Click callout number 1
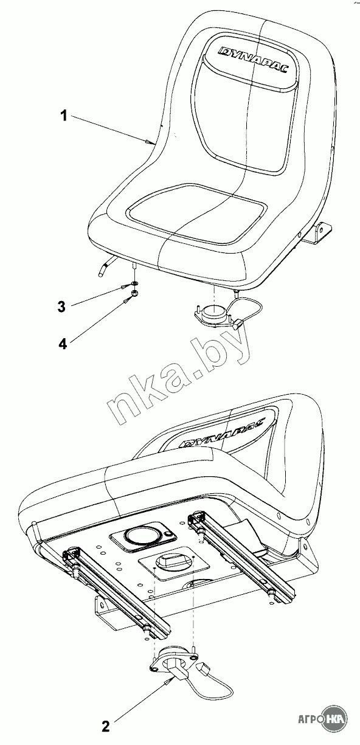(x=64, y=116)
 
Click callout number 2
(x=106, y=726)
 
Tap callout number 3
(x=61, y=307)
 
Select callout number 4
(x=63, y=344)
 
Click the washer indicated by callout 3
(x=135, y=283)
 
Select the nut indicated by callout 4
(x=135, y=293)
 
